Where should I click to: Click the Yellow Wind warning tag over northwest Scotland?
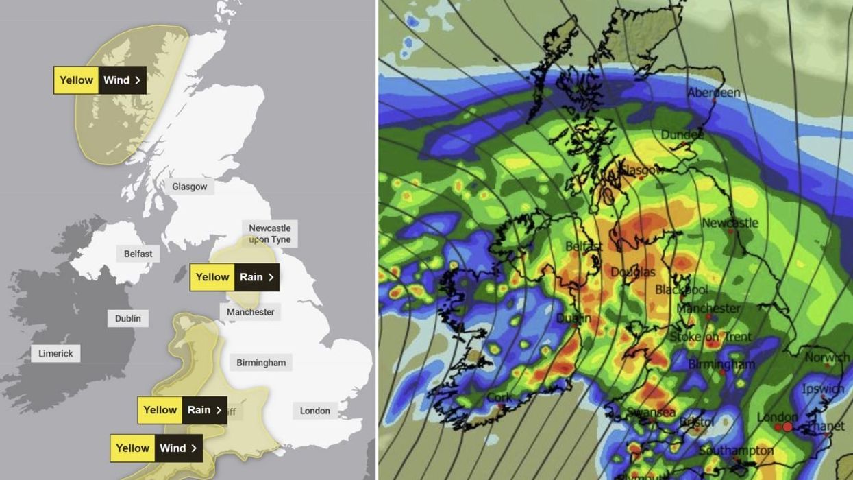coord(100,80)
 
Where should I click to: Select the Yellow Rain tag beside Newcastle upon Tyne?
coord(234,277)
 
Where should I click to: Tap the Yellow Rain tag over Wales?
coord(182,410)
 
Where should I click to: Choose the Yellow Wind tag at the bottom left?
coord(156,448)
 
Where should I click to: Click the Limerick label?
coord(55,353)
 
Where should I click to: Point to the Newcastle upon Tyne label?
coord(269,233)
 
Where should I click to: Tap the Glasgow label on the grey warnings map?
coord(189,187)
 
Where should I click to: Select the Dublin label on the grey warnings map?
coord(127,318)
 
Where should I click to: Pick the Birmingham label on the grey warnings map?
coord(261,362)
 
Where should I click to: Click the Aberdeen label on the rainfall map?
coord(713,93)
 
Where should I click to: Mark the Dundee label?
coord(682,135)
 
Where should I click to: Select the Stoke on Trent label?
coord(710,337)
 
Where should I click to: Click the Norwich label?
coord(827,357)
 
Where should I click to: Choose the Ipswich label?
coord(822,389)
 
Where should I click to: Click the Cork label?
coord(499,398)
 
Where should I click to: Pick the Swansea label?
coord(651,412)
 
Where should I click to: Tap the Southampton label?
coord(736,451)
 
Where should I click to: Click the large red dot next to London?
coord(787,427)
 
